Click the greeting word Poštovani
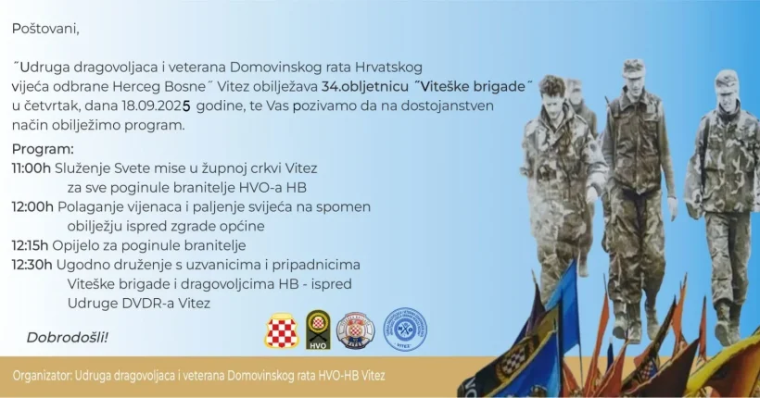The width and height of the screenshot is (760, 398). [x=45, y=29]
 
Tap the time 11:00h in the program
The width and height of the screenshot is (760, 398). [x=32, y=168]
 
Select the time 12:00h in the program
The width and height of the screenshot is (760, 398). [x=32, y=207]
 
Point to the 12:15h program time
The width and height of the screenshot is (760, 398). [x=30, y=246]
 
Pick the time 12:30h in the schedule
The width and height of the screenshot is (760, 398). [x=32, y=266]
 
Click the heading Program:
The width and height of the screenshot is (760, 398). [x=44, y=150]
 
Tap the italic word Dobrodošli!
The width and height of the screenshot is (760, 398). [x=67, y=338]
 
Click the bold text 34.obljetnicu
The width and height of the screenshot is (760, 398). [x=365, y=87]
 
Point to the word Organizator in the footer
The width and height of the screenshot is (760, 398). [x=42, y=376]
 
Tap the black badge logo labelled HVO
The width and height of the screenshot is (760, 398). [x=318, y=330]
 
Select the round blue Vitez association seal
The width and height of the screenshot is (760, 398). [x=405, y=330]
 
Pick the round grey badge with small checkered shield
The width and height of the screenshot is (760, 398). [x=355, y=330]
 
